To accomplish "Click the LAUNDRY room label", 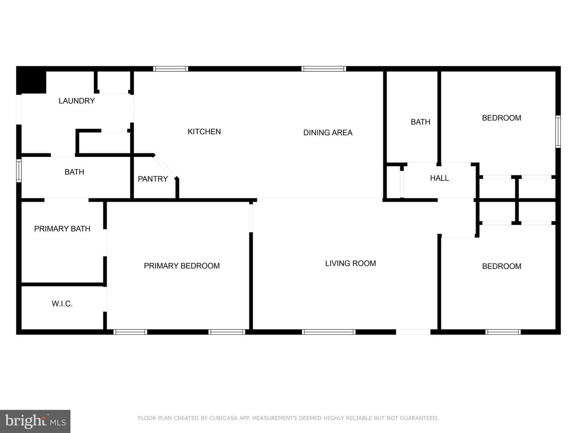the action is pyautogui.click(x=77, y=101).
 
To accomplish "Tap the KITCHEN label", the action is pyautogui.click(x=204, y=132).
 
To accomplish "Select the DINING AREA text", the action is pyautogui.click(x=328, y=133).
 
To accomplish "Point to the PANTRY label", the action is pyautogui.click(x=153, y=179).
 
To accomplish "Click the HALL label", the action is pyautogui.click(x=439, y=178).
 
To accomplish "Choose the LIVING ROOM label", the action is pyautogui.click(x=350, y=263).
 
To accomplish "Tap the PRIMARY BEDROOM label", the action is pyautogui.click(x=182, y=266).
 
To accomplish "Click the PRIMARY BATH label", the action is pyautogui.click(x=62, y=229).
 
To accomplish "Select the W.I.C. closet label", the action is pyautogui.click(x=62, y=304).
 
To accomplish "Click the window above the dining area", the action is pyautogui.click(x=324, y=69).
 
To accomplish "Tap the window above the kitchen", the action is pyautogui.click(x=171, y=69).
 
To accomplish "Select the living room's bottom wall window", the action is pyautogui.click(x=329, y=332).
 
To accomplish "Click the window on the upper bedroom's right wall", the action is pyautogui.click(x=558, y=132).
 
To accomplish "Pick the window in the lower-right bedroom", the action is pyautogui.click(x=503, y=332).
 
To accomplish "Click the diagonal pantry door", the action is pyautogui.click(x=165, y=167).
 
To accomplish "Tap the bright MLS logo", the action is pyautogui.click(x=35, y=421).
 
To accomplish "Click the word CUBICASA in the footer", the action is pyautogui.click(x=224, y=418).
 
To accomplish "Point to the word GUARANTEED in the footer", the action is pyautogui.click(x=419, y=418).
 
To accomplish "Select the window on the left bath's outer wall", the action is pyautogui.click(x=19, y=171).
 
